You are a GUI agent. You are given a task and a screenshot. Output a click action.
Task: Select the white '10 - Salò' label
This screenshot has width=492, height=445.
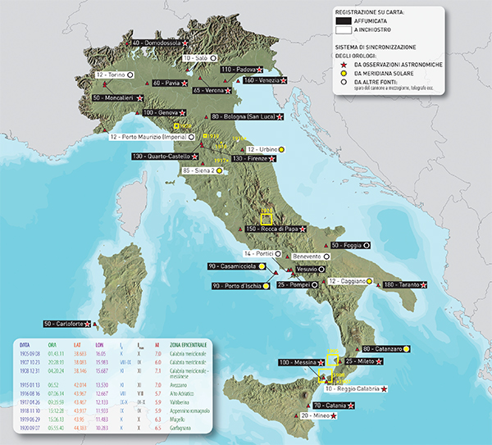point(198,59)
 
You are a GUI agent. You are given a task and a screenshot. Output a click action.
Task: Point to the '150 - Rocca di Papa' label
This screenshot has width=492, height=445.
point(274,229)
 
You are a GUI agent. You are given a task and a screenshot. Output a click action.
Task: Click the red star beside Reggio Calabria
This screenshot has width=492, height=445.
point(384,389)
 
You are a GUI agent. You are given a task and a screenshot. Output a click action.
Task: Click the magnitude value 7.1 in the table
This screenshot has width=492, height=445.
point(157,371)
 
